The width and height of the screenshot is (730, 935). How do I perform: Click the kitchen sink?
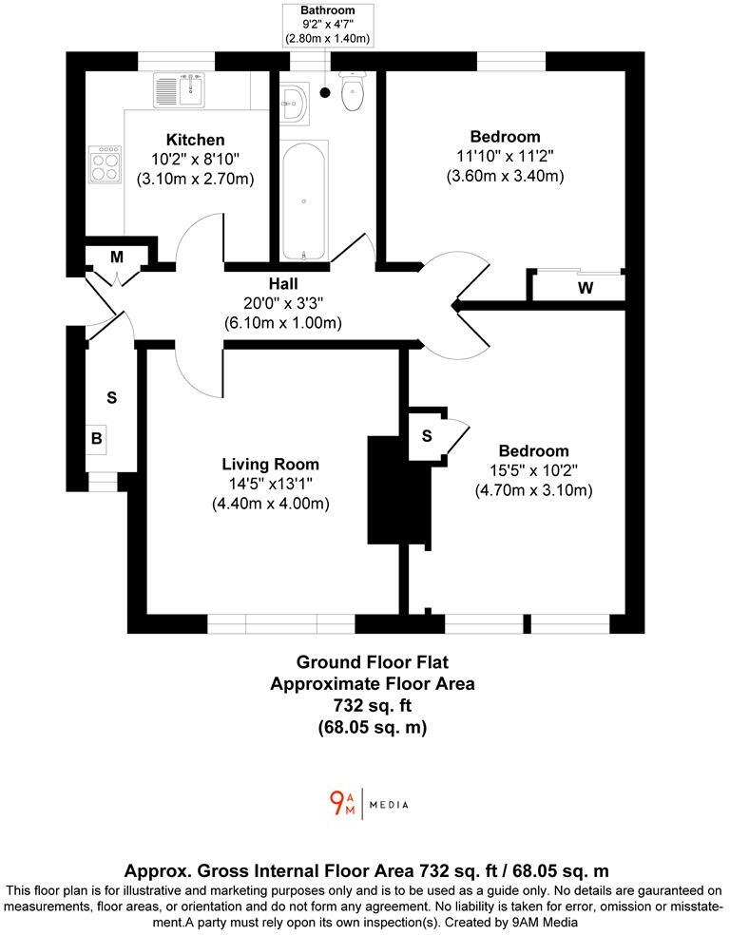click(x=179, y=90)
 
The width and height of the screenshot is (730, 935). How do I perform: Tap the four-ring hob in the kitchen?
click(x=105, y=164)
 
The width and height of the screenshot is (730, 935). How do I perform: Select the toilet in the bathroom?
click(x=353, y=92)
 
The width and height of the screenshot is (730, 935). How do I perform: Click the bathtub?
click(x=304, y=200)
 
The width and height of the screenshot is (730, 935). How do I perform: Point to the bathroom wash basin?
click(x=294, y=104)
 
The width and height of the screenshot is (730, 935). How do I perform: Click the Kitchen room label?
click(x=195, y=140)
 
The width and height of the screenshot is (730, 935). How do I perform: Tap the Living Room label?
click(x=271, y=464)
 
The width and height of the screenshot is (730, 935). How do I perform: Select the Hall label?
click(x=283, y=284)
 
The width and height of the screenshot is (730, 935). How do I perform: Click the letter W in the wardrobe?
click(x=586, y=288)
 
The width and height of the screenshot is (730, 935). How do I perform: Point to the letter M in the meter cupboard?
click(x=117, y=257)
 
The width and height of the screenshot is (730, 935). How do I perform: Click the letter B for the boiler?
click(x=97, y=438)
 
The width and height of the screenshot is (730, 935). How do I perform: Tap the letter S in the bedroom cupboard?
click(x=427, y=436)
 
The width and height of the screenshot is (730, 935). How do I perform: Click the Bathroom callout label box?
click(x=327, y=25)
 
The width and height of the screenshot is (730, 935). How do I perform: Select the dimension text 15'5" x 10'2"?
click(x=534, y=470)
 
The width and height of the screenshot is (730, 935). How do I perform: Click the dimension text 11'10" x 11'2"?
click(x=505, y=156)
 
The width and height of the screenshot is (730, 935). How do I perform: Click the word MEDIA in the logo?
click(x=389, y=805)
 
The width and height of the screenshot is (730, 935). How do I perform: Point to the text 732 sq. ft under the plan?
click(x=373, y=705)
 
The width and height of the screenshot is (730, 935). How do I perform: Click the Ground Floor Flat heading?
click(x=373, y=662)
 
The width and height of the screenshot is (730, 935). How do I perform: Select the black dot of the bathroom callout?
click(x=325, y=92)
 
